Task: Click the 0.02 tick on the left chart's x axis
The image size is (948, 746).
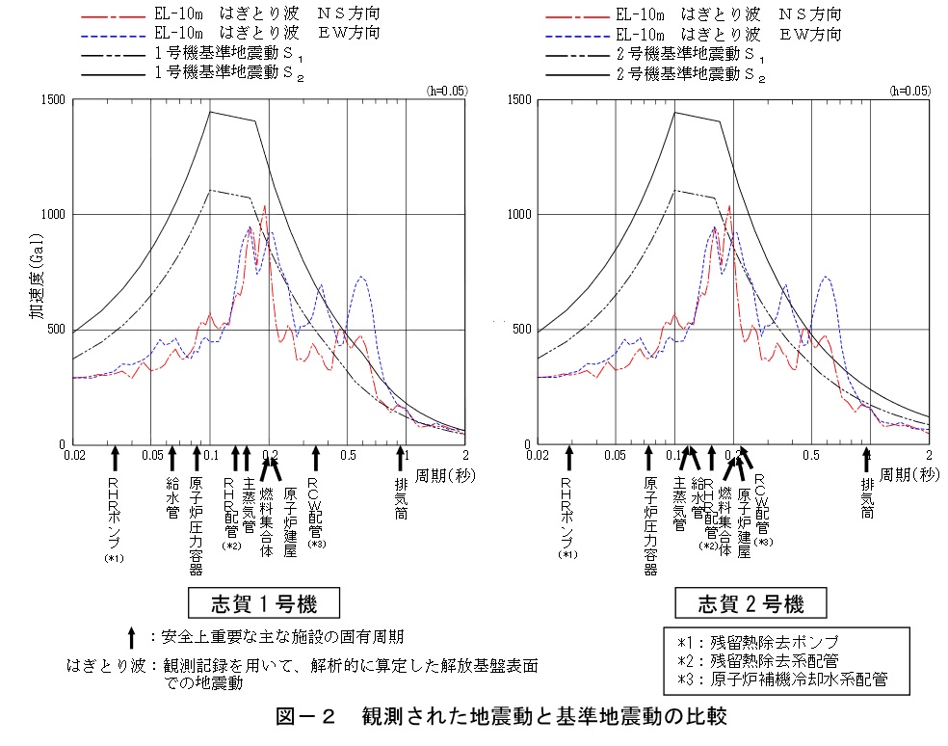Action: (73, 454)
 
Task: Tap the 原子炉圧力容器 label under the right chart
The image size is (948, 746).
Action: (649, 525)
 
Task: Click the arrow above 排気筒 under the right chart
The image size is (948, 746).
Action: (865, 457)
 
